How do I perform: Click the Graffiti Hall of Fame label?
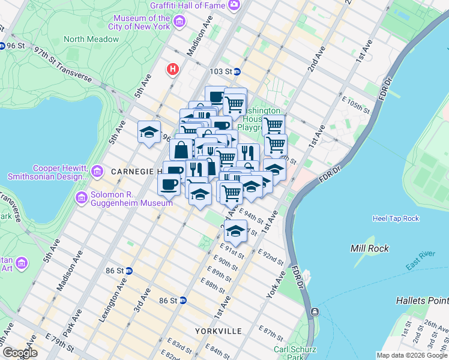[x=187, y=5]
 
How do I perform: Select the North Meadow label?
[x=91, y=39]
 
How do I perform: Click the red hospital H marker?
[x=173, y=70]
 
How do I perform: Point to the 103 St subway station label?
[x=220, y=71]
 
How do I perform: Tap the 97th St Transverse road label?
[x=63, y=66]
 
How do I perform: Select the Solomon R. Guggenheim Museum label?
[x=132, y=199]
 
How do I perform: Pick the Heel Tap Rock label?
[x=396, y=218]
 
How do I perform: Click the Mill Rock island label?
[x=370, y=248]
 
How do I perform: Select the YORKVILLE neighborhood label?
[x=218, y=331]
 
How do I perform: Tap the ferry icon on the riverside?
[x=314, y=312]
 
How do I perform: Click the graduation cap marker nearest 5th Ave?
[x=149, y=133]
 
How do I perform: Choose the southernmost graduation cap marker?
[x=236, y=231]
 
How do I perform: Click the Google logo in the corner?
[x=19, y=353]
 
